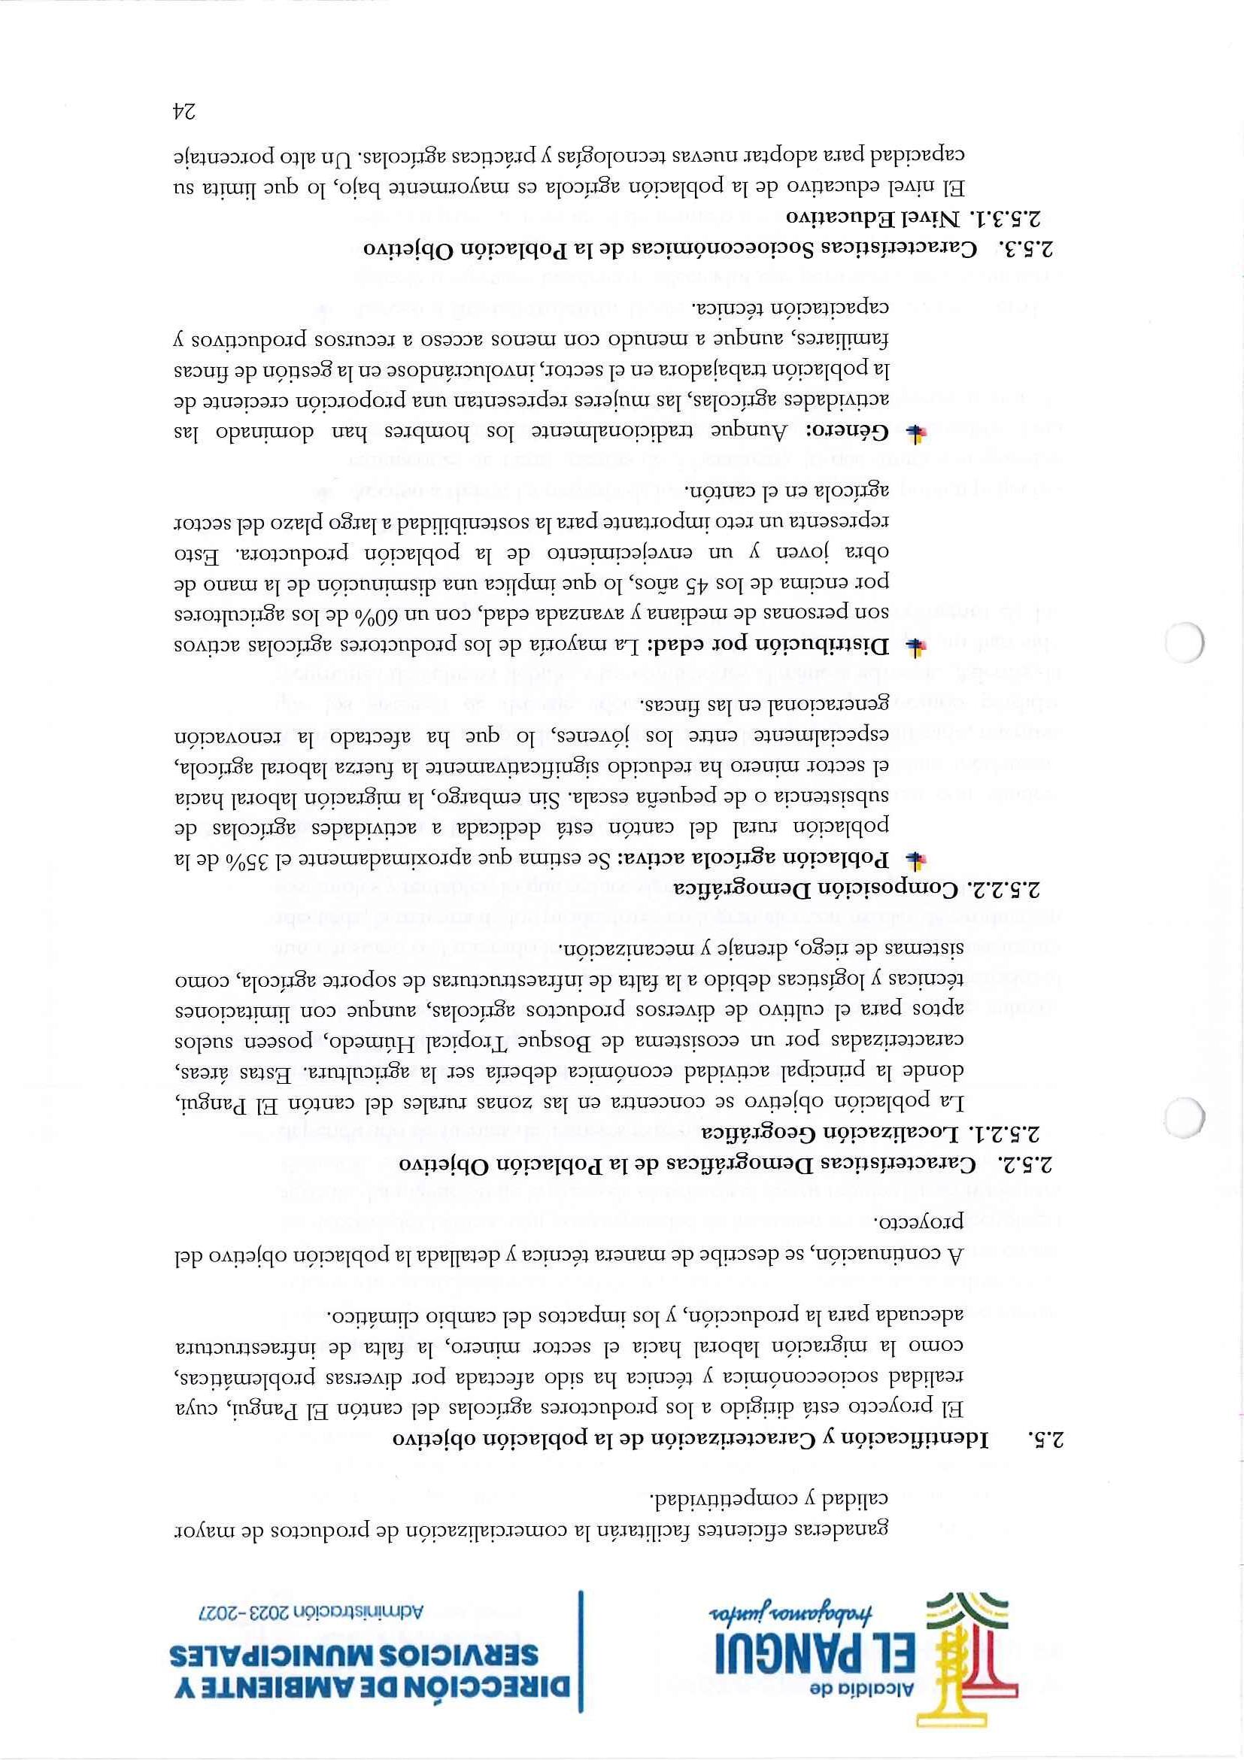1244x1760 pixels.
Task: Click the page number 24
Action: [184, 112]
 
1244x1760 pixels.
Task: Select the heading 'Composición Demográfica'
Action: [812, 889]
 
